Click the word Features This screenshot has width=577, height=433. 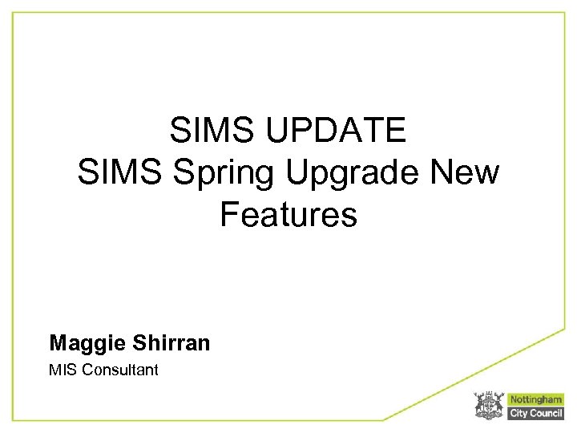click(x=288, y=215)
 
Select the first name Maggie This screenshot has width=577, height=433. click(x=86, y=344)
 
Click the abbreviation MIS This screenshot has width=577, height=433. click(x=61, y=370)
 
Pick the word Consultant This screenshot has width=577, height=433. click(x=119, y=370)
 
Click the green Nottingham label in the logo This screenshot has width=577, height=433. click(x=536, y=399)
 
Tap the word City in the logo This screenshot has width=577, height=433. click(x=519, y=413)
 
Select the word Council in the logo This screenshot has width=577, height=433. click(x=547, y=413)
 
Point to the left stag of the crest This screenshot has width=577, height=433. click(x=478, y=405)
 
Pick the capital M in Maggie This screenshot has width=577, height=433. click(x=58, y=344)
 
